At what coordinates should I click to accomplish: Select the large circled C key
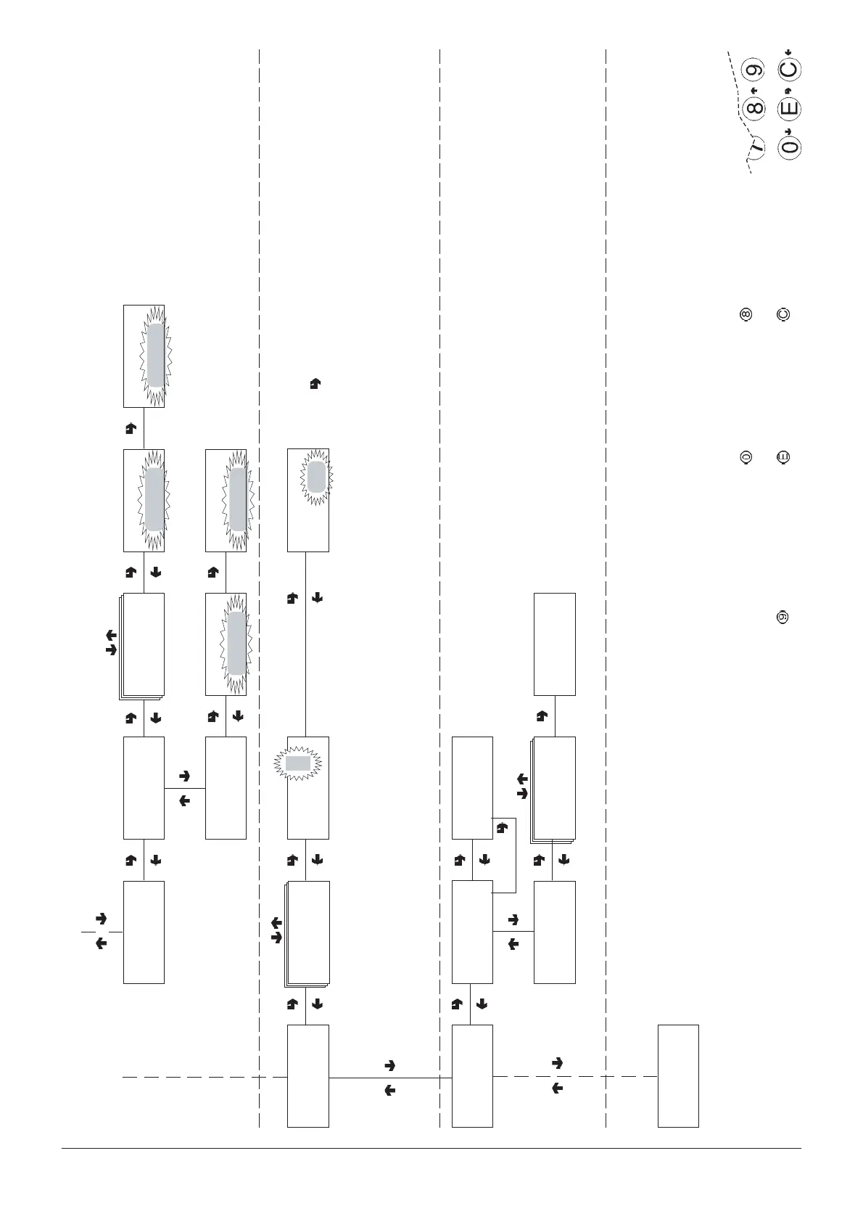click(x=789, y=70)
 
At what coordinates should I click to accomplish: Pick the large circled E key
click(x=789, y=109)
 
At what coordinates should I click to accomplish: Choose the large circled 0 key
click(x=789, y=147)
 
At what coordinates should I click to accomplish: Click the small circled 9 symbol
click(x=783, y=618)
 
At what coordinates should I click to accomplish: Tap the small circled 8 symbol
click(x=745, y=315)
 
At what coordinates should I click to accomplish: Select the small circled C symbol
click(x=783, y=315)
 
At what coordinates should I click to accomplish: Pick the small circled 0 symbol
click(x=745, y=457)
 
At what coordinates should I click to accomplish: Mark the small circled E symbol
click(x=783, y=457)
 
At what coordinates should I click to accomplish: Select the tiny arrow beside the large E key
click(x=788, y=91)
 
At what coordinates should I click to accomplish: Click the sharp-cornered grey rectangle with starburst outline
click(x=297, y=763)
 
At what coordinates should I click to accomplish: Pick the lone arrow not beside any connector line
click(x=315, y=385)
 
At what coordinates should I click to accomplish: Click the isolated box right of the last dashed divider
click(x=678, y=1075)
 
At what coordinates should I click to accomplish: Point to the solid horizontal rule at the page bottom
click(x=431, y=1148)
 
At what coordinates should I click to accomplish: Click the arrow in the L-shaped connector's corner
click(x=501, y=827)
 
